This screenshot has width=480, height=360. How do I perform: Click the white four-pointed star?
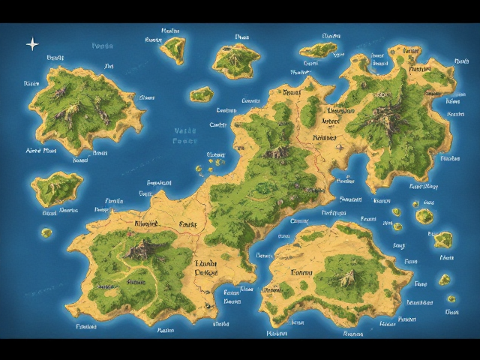(32, 44)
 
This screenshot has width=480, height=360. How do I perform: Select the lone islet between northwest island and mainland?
(201, 94)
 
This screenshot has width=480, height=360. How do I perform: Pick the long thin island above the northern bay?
(319, 50)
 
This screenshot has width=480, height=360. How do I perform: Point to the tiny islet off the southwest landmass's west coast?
(46, 232)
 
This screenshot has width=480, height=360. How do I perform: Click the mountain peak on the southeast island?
(346, 278)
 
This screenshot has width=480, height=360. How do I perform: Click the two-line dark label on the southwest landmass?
(205, 268)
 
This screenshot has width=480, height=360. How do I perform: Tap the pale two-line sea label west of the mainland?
(183, 135)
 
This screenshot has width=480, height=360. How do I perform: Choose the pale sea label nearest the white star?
(102, 46)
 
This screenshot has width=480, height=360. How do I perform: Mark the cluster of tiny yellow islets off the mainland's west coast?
(215, 158)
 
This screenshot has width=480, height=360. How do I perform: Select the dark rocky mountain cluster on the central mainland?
(279, 152)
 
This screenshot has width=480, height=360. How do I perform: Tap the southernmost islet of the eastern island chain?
(451, 310)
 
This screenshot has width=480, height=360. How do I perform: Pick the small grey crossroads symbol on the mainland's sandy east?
(340, 147)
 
